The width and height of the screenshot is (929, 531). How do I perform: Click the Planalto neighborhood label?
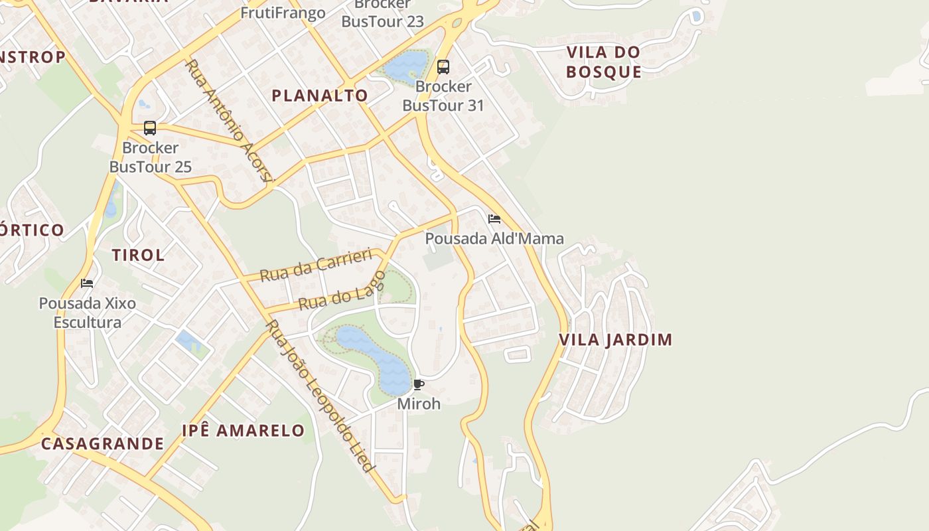tap(320, 96)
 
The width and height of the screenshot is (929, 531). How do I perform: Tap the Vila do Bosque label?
tap(603, 62)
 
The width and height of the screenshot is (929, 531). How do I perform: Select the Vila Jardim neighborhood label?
tap(615, 340)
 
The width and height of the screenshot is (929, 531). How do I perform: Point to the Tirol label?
tap(138, 255)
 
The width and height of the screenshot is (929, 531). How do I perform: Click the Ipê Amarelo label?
tap(243, 430)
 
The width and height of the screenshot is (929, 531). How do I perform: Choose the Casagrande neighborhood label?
tap(102, 443)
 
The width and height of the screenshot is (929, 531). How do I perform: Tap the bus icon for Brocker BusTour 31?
tap(443, 67)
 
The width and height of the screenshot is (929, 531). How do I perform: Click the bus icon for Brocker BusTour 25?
tap(150, 128)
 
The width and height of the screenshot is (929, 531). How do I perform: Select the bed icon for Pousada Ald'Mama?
tap(494, 219)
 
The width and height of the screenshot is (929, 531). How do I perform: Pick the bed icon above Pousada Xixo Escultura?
tap(87, 283)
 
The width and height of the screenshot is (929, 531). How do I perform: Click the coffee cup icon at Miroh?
tap(419, 384)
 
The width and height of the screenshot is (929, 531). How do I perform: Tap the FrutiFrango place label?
tap(283, 13)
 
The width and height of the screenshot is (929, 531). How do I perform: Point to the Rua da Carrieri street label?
tap(315, 265)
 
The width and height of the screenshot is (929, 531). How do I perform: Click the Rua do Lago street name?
tap(342, 291)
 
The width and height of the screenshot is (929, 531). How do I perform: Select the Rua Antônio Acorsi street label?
tap(230, 121)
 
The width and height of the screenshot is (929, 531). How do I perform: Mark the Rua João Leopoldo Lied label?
tap(320, 396)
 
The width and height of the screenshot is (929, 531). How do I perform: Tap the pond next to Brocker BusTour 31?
tap(405, 66)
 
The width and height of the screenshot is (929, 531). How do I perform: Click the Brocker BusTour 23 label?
tap(382, 13)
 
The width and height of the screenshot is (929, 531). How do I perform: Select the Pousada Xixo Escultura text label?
tap(88, 313)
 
